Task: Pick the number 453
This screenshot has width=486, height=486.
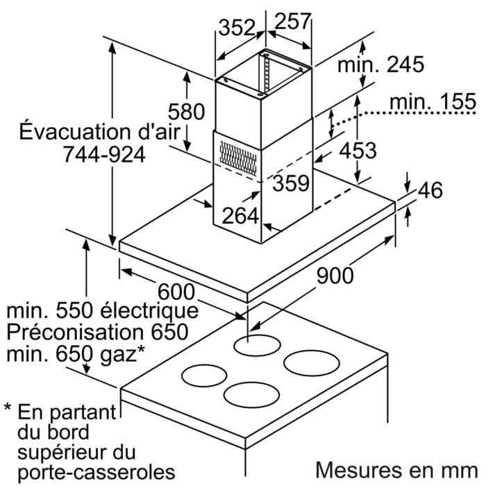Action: tap(358, 149)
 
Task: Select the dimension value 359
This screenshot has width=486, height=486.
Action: tap(291, 184)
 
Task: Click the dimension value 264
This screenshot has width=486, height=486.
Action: tap(240, 216)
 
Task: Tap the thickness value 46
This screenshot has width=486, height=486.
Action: tap(430, 190)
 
